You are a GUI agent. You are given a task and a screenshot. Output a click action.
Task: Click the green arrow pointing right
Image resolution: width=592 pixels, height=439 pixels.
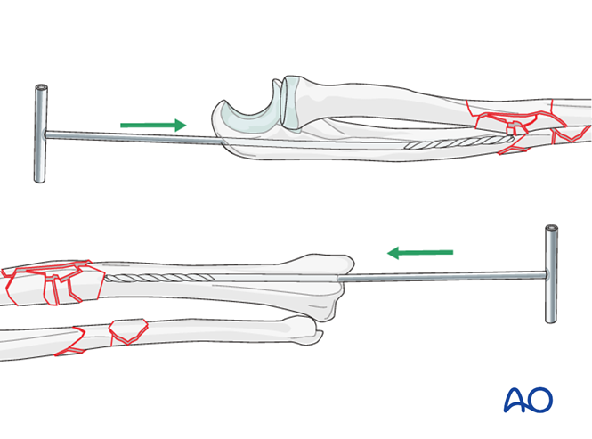tap(153, 125)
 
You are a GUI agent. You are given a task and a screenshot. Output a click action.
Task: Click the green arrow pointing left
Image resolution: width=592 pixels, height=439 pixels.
tap(420, 253)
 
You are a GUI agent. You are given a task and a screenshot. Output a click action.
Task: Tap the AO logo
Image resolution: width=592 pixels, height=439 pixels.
tap(528, 400)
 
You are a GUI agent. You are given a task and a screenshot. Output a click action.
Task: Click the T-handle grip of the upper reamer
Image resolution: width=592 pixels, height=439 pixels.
tap(40, 134)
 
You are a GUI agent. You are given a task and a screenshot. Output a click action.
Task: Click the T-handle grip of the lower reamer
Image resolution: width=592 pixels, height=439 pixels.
tap(551, 274)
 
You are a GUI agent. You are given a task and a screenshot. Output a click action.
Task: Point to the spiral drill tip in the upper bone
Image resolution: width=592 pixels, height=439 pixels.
tap(458, 142)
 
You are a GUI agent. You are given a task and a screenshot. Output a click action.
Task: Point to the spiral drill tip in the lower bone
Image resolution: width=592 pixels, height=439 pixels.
tap(159, 278)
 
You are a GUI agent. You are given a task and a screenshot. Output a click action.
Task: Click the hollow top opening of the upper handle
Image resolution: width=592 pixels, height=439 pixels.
tap(41, 87)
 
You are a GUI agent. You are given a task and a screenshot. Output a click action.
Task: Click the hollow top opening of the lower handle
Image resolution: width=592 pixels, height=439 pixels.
tap(552, 228)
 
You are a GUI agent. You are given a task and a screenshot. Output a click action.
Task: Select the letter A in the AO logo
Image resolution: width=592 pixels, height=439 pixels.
tap(515, 400)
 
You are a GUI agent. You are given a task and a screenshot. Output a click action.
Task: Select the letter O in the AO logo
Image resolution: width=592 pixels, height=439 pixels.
tap(540, 400)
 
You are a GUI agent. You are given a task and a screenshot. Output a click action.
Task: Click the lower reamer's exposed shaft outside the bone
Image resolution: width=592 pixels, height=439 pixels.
tap(442, 277)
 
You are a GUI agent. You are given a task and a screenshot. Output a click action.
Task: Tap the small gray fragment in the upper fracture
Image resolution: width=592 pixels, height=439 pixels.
tap(513, 126)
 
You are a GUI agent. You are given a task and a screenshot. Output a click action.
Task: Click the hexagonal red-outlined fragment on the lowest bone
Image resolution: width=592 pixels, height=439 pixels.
tap(128, 331)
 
